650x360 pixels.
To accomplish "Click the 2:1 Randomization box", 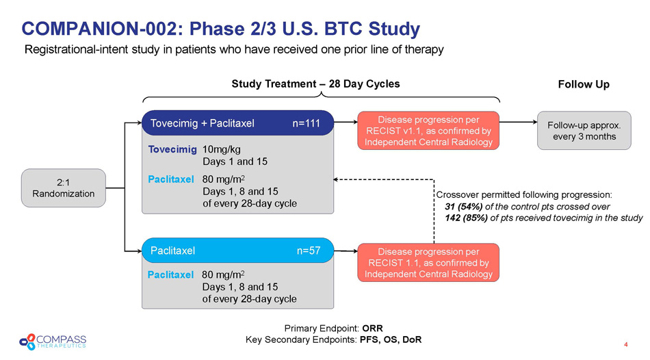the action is point(64,188).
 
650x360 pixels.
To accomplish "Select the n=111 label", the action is point(306,123).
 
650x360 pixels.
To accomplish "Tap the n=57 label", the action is point(309,250).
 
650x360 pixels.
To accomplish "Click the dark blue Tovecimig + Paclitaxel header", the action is point(237,123).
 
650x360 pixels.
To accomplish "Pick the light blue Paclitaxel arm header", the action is point(237,250).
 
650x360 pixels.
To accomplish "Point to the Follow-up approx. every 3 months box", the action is point(584,131).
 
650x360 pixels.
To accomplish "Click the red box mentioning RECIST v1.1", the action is point(428,131).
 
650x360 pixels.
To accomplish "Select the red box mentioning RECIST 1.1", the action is point(428,263).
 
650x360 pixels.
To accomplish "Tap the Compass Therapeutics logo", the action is point(53,342).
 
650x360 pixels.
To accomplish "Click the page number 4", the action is point(626,344).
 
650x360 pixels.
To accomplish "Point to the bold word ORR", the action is point(372,329).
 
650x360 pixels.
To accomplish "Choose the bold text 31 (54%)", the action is point(463,207).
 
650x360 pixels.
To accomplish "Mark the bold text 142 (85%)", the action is point(466,218).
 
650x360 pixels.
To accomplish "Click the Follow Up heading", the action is point(584,84).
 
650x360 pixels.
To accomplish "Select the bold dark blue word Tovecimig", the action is point(172,149).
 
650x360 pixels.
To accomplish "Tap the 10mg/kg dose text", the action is point(222,150).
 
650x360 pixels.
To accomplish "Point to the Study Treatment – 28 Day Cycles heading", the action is point(315,83).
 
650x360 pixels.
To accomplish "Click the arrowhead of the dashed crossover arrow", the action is point(335,179).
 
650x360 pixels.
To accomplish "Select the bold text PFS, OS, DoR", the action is point(391,339).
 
